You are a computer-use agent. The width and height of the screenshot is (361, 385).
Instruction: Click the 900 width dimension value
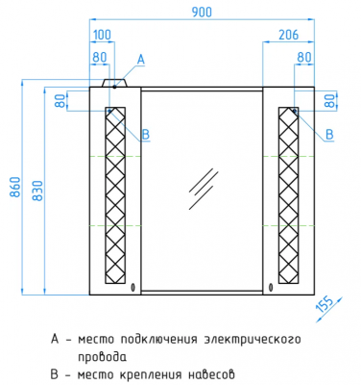[202, 12]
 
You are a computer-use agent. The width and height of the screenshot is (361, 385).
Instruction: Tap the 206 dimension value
[288, 35]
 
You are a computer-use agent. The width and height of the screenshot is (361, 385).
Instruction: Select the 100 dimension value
[102, 35]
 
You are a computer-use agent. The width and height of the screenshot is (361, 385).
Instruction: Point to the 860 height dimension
[16, 187]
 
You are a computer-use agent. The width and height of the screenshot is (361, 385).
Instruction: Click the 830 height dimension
[37, 191]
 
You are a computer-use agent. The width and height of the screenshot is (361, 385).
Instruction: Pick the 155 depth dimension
[325, 304]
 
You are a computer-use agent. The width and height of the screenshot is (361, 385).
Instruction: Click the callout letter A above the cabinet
[141, 60]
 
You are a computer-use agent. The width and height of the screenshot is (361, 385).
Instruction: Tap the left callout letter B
[146, 135]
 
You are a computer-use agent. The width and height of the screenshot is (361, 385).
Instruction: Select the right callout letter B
[329, 134]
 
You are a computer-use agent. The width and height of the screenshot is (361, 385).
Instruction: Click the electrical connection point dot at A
[114, 87]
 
